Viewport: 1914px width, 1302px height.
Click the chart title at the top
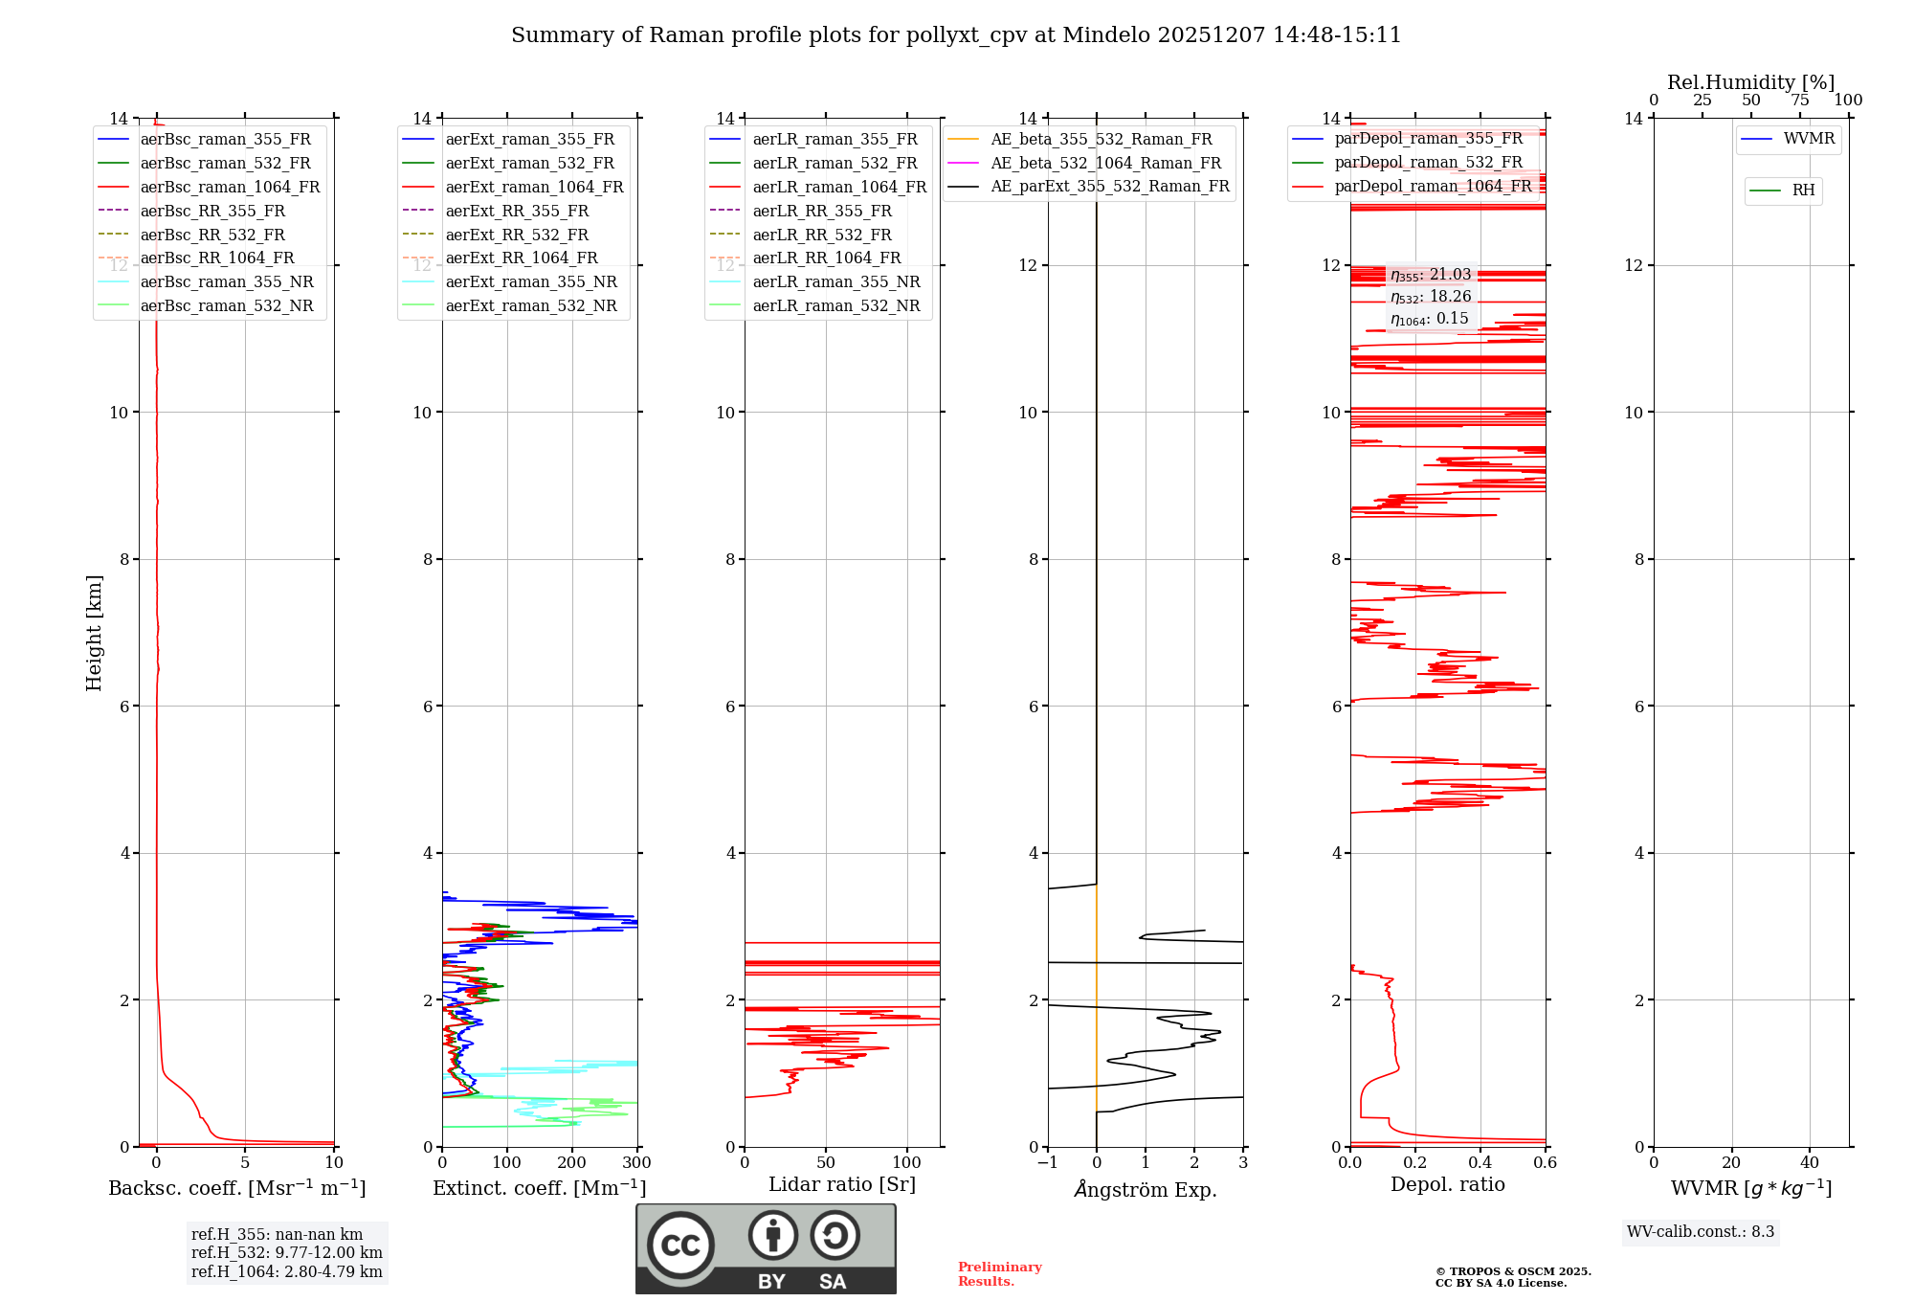click(x=956, y=35)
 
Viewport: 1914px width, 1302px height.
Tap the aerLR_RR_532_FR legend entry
click(x=821, y=235)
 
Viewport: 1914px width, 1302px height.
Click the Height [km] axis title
click(x=94, y=633)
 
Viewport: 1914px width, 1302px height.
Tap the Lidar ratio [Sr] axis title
click(x=842, y=1184)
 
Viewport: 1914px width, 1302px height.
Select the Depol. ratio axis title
click(x=1447, y=1184)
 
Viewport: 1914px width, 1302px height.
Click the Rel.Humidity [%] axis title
click(x=1750, y=82)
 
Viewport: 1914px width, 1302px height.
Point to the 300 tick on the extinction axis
click(x=636, y=1163)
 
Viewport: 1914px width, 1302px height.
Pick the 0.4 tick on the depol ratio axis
click(x=1480, y=1163)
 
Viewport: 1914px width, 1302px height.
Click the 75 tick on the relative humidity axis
click(x=1799, y=101)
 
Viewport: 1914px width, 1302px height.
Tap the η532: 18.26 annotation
click(x=1431, y=297)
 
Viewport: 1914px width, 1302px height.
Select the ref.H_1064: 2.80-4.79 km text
click(x=286, y=1271)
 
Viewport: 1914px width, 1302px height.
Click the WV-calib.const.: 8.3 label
click(x=1700, y=1231)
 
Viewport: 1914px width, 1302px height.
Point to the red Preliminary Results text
click(x=999, y=1273)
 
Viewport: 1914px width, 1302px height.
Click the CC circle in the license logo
click(x=680, y=1246)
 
